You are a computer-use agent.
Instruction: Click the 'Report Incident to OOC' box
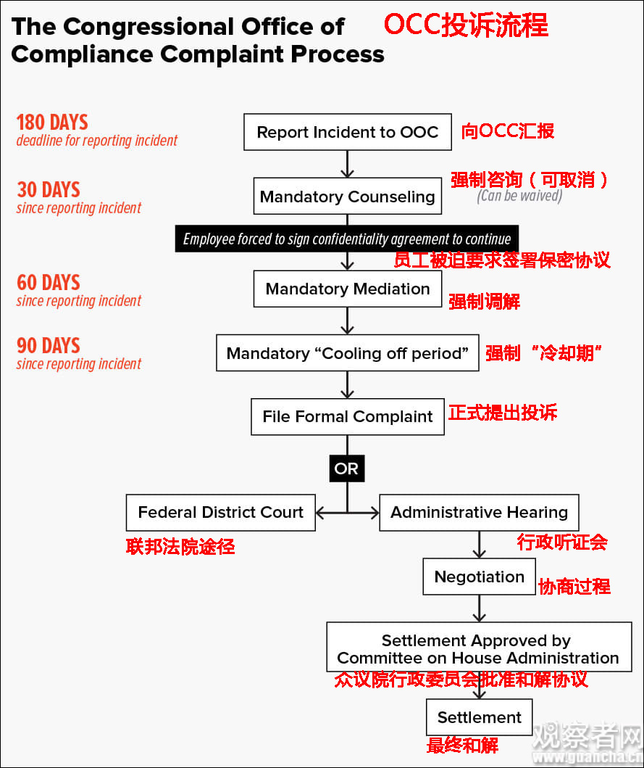(x=348, y=132)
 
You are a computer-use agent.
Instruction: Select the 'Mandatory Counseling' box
(x=348, y=196)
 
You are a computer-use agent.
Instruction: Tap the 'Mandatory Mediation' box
(x=348, y=289)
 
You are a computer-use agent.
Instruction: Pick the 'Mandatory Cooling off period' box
(x=348, y=352)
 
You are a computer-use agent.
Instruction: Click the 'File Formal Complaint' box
(x=348, y=416)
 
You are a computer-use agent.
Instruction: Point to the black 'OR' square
(x=347, y=468)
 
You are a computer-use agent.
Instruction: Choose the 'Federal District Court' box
(x=221, y=512)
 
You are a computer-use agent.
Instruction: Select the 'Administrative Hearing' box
(x=479, y=512)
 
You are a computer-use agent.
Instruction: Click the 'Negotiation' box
(x=479, y=577)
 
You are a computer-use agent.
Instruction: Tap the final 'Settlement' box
(x=479, y=717)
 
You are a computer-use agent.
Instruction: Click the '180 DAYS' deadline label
(x=52, y=122)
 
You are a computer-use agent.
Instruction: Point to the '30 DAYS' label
(x=49, y=189)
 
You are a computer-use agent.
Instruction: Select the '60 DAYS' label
(x=49, y=283)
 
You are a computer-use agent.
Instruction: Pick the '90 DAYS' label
(x=49, y=346)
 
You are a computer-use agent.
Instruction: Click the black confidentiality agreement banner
(x=347, y=239)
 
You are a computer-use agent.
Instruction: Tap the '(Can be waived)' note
(x=519, y=196)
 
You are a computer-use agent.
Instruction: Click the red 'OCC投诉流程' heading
(x=466, y=25)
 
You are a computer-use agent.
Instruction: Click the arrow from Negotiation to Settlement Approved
(x=479, y=609)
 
